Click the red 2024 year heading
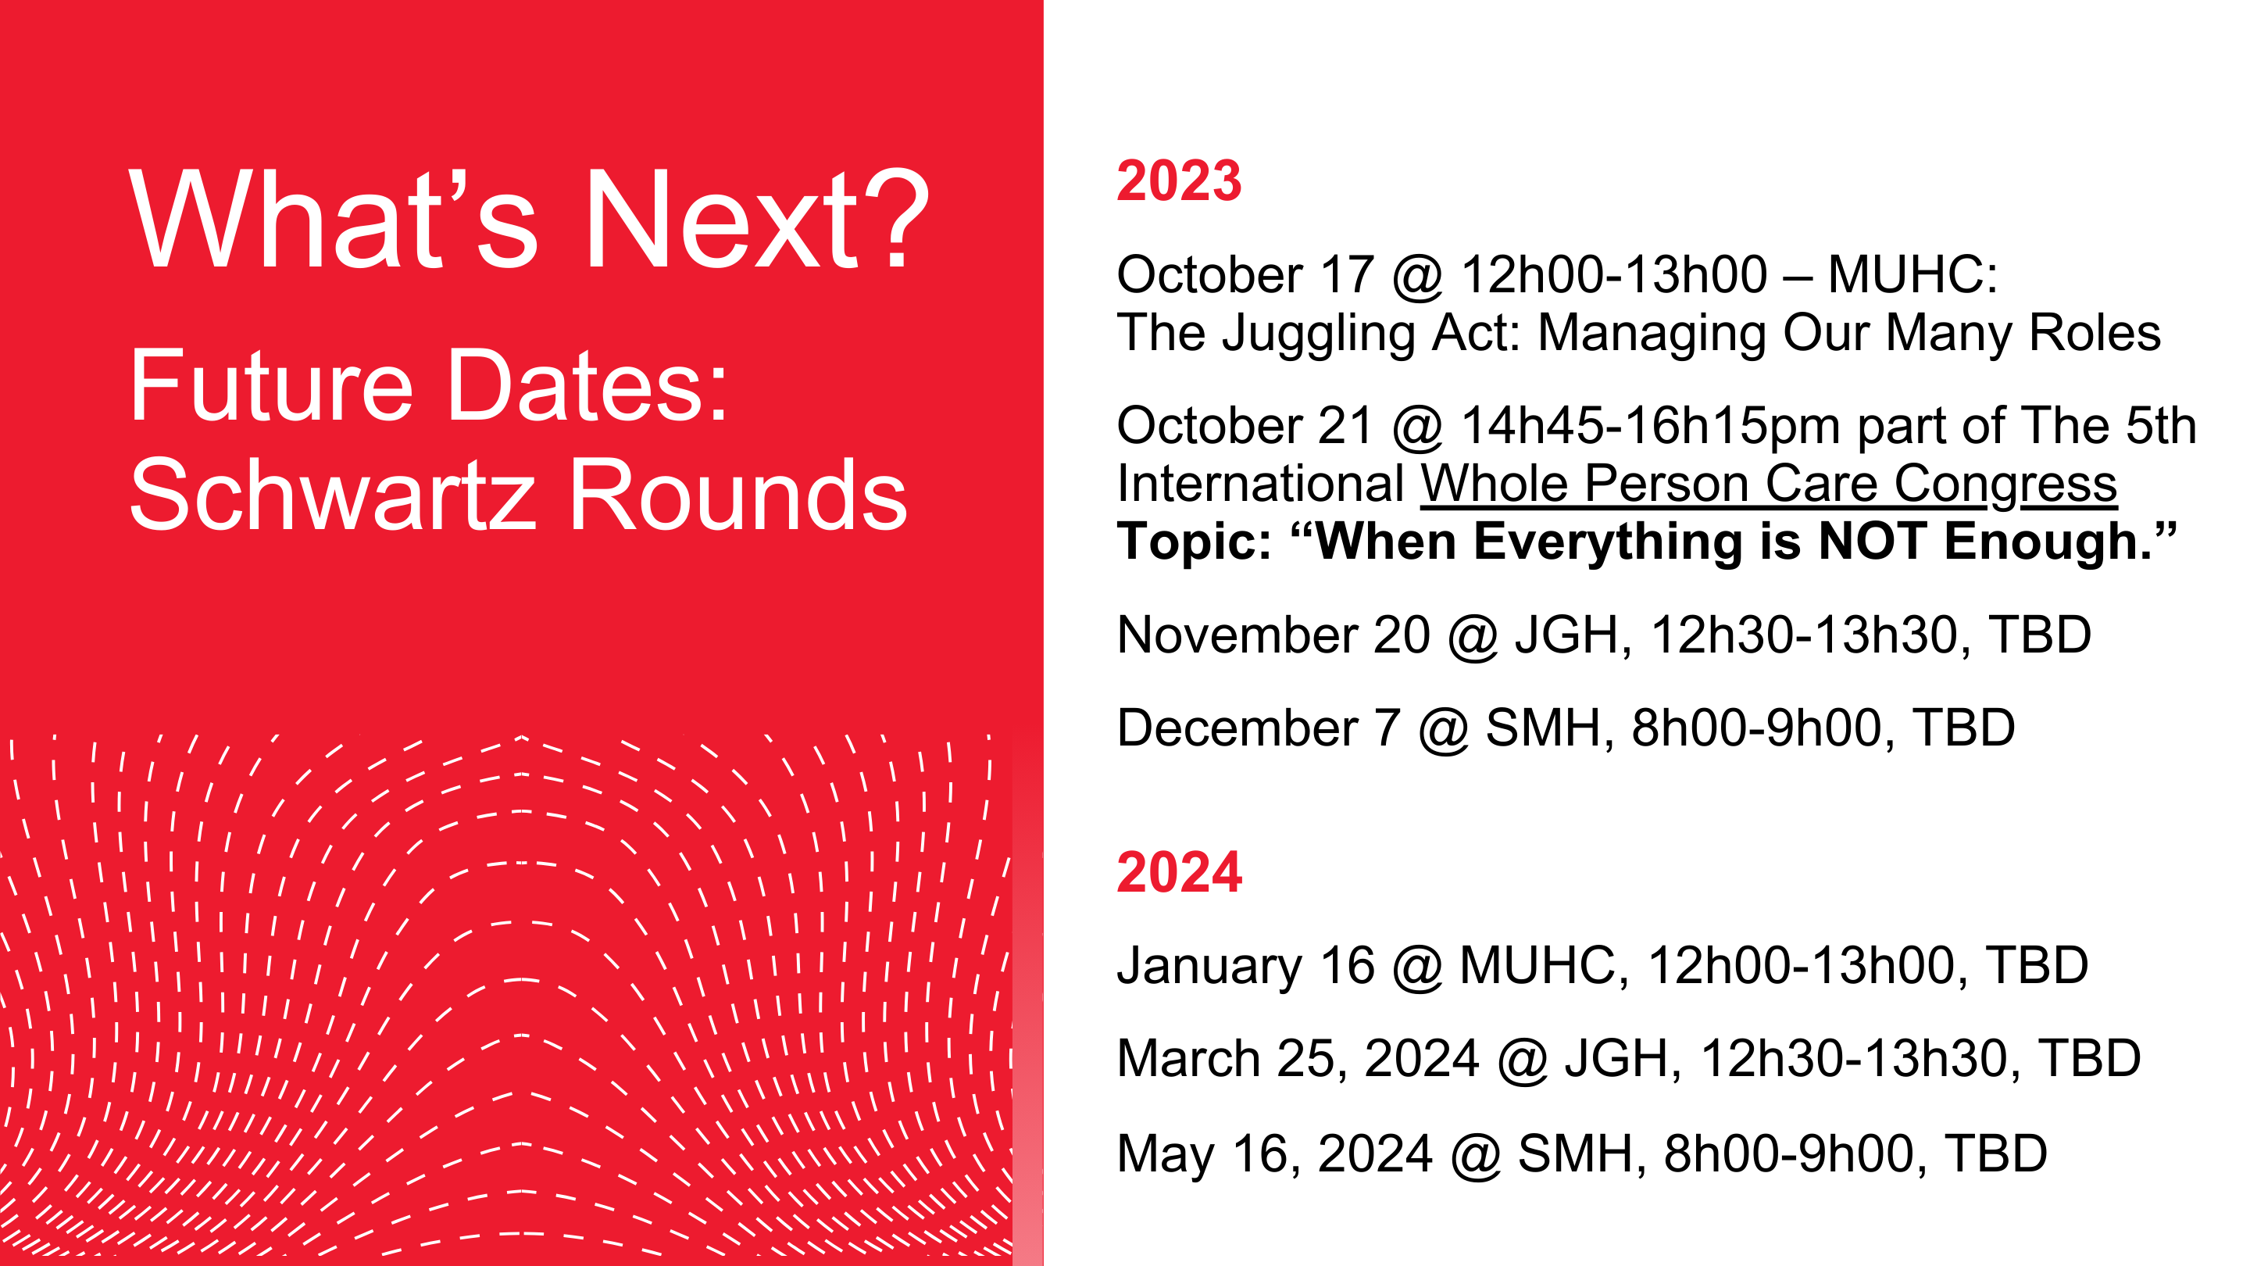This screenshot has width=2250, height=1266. coord(1179,872)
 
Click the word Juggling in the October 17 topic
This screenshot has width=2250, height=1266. coord(1317,334)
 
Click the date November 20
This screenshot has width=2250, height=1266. coord(1273,635)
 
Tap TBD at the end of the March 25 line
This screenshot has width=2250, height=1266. coord(2089,1058)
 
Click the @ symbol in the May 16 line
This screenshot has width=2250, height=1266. coord(1476,1155)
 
